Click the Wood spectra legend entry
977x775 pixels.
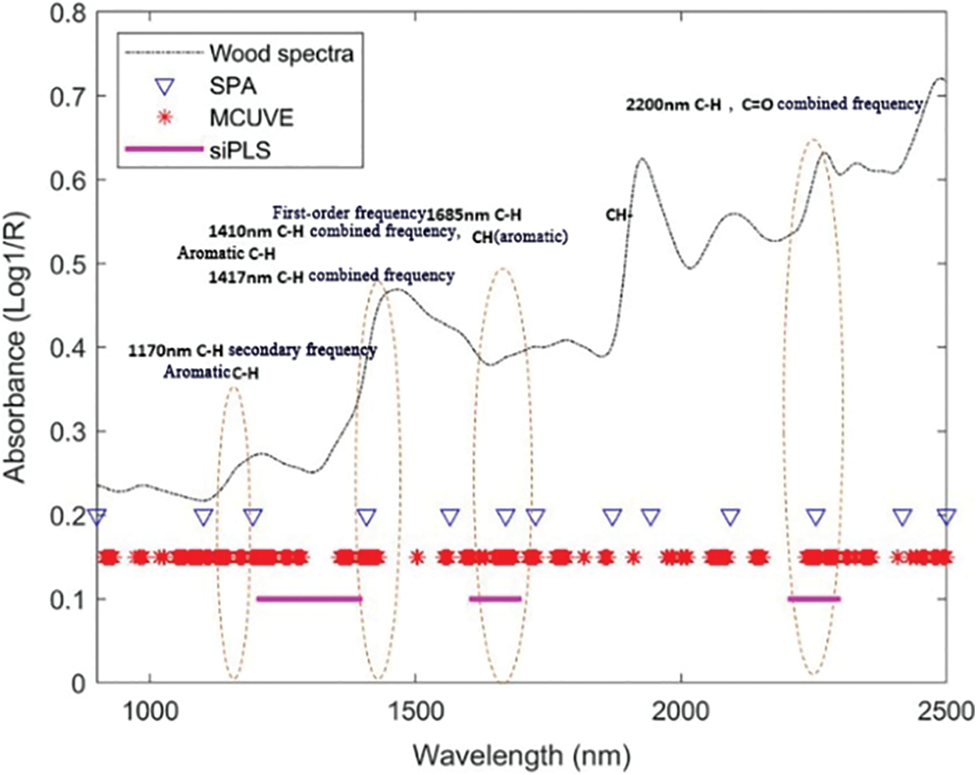pos(281,54)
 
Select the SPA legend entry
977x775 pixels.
pos(233,86)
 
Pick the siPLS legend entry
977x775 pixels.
pos(240,149)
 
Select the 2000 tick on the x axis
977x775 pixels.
pos(681,710)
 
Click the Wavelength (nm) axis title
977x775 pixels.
pos(521,754)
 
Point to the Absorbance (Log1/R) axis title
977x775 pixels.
pos(17,348)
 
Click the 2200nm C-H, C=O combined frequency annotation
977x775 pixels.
pos(774,103)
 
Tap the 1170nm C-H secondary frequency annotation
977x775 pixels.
pos(252,351)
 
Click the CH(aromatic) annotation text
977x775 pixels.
pos(520,237)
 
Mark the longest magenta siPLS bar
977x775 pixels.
pos(309,598)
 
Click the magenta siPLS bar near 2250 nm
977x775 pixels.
pos(814,598)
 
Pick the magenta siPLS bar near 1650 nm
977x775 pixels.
pos(495,598)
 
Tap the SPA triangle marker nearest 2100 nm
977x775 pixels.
pos(729,517)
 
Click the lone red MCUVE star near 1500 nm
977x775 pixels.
pos(417,557)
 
